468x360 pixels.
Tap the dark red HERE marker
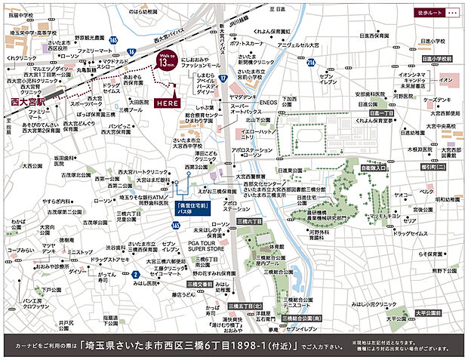click(x=165, y=102)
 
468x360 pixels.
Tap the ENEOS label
click(x=269, y=101)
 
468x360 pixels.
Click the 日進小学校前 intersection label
click(x=436, y=58)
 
